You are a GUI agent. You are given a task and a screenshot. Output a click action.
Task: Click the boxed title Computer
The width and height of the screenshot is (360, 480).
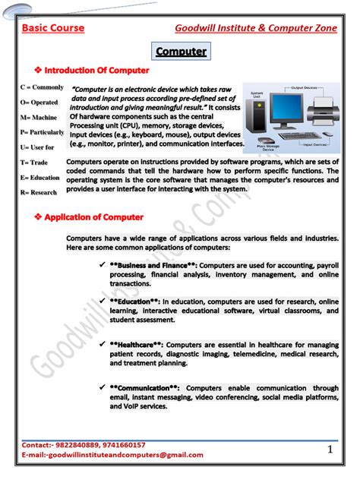pyautogui.click(x=181, y=52)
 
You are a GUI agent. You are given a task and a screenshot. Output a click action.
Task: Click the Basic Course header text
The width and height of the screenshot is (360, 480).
pyautogui.click(x=52, y=28)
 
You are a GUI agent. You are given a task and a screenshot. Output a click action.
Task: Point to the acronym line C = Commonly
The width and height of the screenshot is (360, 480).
pyautogui.click(x=42, y=87)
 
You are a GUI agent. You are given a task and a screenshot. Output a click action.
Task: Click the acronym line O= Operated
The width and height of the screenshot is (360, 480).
pyautogui.click(x=39, y=102)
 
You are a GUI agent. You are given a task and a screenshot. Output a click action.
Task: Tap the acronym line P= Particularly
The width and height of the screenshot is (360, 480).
pyautogui.click(x=43, y=131)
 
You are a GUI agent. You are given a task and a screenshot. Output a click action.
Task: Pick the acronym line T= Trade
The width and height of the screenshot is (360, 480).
pyautogui.click(x=35, y=162)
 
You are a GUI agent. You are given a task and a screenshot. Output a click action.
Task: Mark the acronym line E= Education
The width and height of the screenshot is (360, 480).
pyautogui.click(x=40, y=177)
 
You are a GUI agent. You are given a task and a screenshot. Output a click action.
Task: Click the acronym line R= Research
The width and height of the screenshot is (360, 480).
pyautogui.click(x=39, y=192)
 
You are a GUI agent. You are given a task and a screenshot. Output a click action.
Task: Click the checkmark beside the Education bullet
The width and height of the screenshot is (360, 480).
pyautogui.click(x=102, y=302)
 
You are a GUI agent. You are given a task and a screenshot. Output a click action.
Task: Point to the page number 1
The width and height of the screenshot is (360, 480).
pyautogui.click(x=330, y=450)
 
